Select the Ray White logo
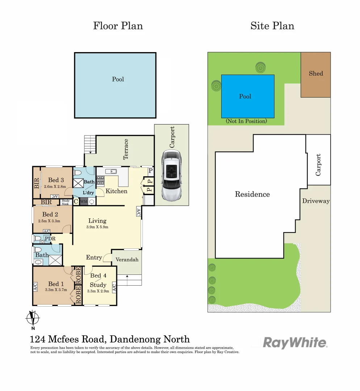point(295,342)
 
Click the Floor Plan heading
point(118,26)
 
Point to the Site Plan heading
point(272,26)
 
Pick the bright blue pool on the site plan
point(247,96)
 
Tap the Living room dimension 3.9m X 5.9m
point(97,227)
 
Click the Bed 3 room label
point(56,180)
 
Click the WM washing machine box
point(83,201)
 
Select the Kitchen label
point(117,191)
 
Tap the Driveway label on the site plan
point(316,201)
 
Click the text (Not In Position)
point(246,121)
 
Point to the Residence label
point(252,194)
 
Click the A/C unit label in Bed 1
point(35,287)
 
